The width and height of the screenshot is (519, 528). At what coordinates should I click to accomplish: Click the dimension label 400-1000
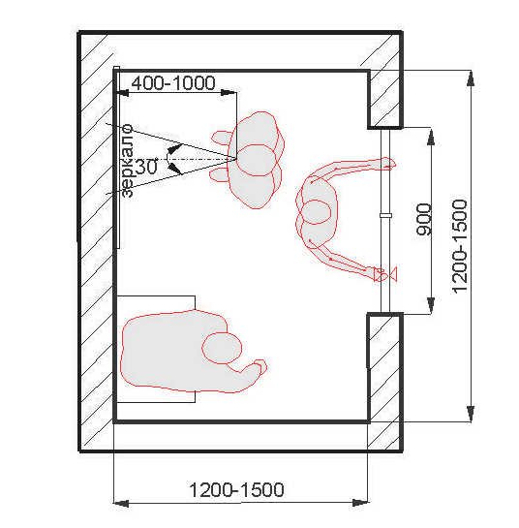[x=173, y=83]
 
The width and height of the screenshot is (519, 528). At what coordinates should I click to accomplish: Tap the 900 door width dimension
[x=423, y=219]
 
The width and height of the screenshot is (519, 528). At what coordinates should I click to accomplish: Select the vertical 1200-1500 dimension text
[x=460, y=246]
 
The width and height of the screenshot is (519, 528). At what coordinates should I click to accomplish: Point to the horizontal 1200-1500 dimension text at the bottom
[x=236, y=490]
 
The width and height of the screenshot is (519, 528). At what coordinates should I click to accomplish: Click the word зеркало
[x=128, y=161]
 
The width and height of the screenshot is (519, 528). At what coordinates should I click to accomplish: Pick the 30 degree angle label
[x=146, y=167]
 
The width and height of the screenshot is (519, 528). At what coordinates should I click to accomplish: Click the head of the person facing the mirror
[x=256, y=160]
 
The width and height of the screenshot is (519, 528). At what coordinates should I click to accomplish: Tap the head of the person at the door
[x=317, y=212]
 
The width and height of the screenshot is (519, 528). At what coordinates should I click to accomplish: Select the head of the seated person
[x=222, y=348]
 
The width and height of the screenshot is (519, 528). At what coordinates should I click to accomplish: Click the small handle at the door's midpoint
[x=385, y=215]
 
